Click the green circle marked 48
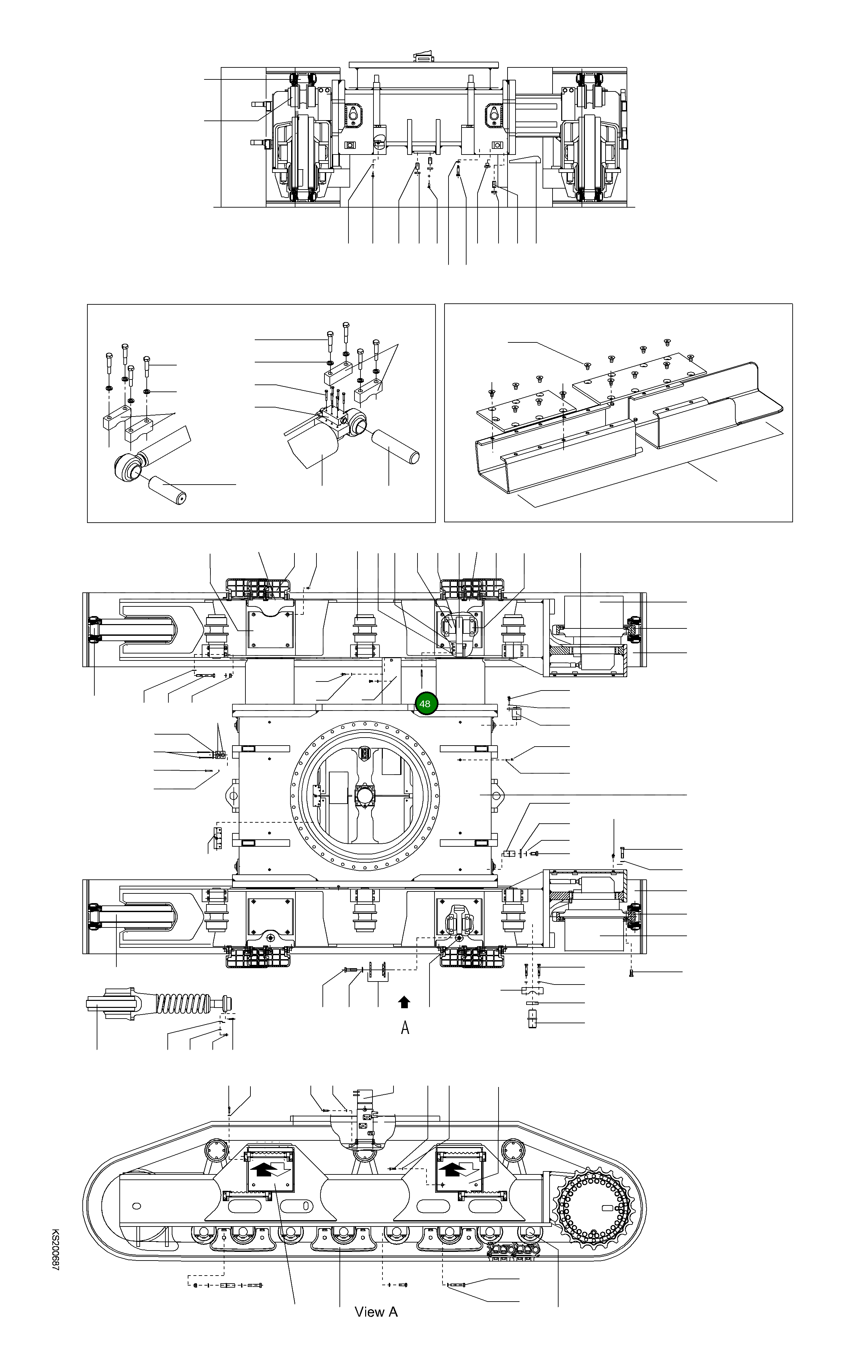click(425, 704)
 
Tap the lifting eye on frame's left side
click(232, 795)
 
